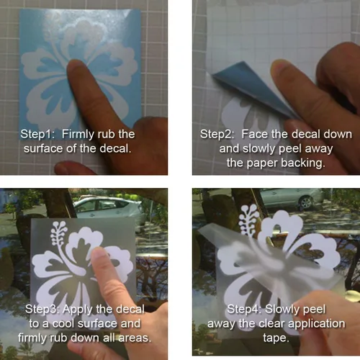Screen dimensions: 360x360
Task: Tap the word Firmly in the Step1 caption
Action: tap(78, 135)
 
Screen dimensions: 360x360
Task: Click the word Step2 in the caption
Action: tap(217, 134)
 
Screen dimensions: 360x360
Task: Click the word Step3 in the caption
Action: tap(42, 309)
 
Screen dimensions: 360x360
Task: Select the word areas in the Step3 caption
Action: tap(135, 338)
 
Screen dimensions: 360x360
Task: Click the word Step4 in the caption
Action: tap(245, 309)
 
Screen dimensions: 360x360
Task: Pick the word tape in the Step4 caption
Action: tap(276, 338)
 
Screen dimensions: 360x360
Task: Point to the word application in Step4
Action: tap(316, 324)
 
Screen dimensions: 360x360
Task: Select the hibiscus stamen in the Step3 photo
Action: tap(58, 233)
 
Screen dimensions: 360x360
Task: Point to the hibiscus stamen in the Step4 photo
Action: tap(249, 220)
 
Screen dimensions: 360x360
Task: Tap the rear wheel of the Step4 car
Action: tap(306, 202)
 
